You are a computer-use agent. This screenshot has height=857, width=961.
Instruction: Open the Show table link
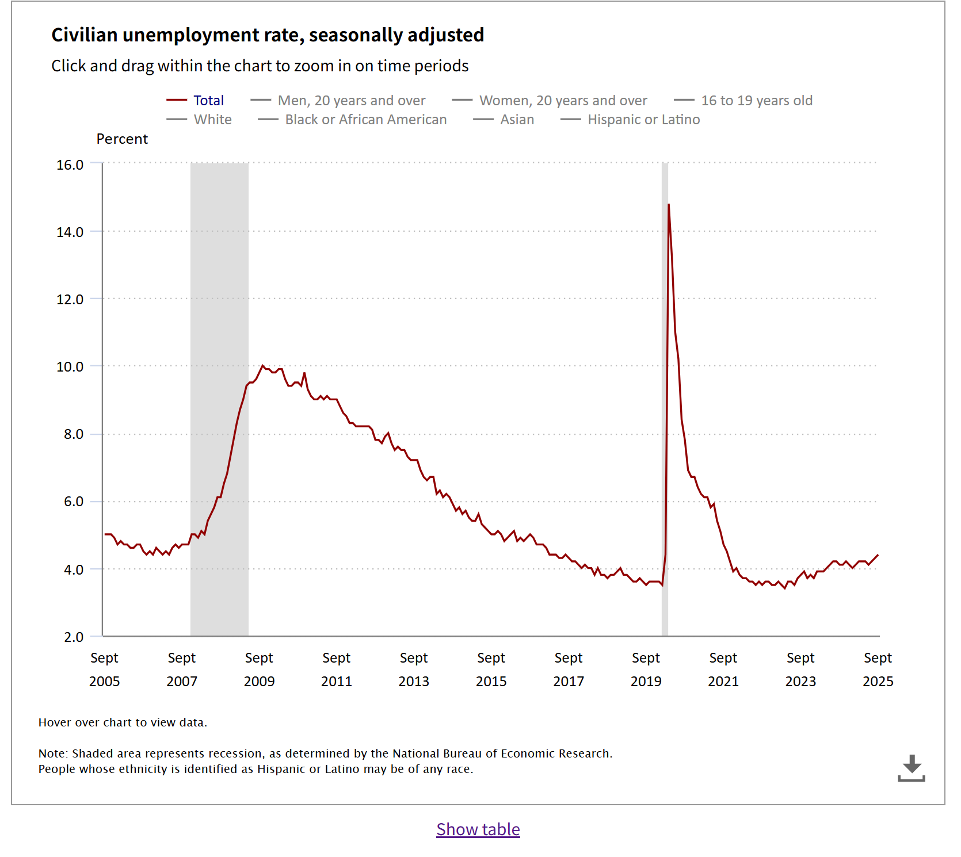478,829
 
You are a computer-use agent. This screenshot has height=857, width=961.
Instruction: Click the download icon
912,768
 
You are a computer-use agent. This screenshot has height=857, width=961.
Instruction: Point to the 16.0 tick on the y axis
70,165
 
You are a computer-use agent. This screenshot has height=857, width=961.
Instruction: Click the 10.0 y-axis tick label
70,367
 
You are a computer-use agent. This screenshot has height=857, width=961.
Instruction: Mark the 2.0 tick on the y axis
74,637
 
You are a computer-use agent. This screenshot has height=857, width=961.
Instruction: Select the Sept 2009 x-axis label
259,669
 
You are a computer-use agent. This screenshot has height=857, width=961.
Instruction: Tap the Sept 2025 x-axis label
878,669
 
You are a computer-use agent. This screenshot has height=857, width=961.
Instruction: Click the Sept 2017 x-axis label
569,669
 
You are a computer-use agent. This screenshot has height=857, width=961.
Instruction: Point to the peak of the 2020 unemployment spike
669,205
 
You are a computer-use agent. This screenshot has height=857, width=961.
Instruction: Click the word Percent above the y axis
122,139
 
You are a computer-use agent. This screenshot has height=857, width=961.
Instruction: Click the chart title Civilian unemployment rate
268,35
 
